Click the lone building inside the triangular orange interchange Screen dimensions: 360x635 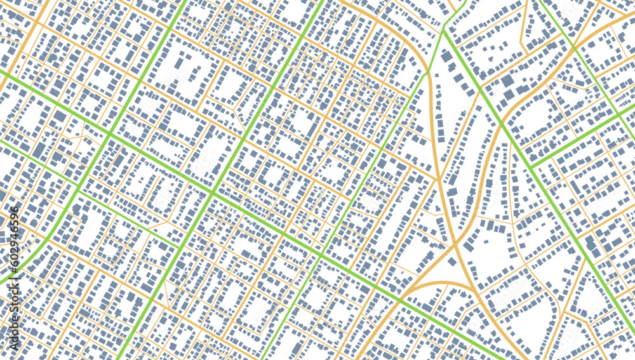[x=451, y=261]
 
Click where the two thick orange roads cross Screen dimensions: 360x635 [x=456, y=243]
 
